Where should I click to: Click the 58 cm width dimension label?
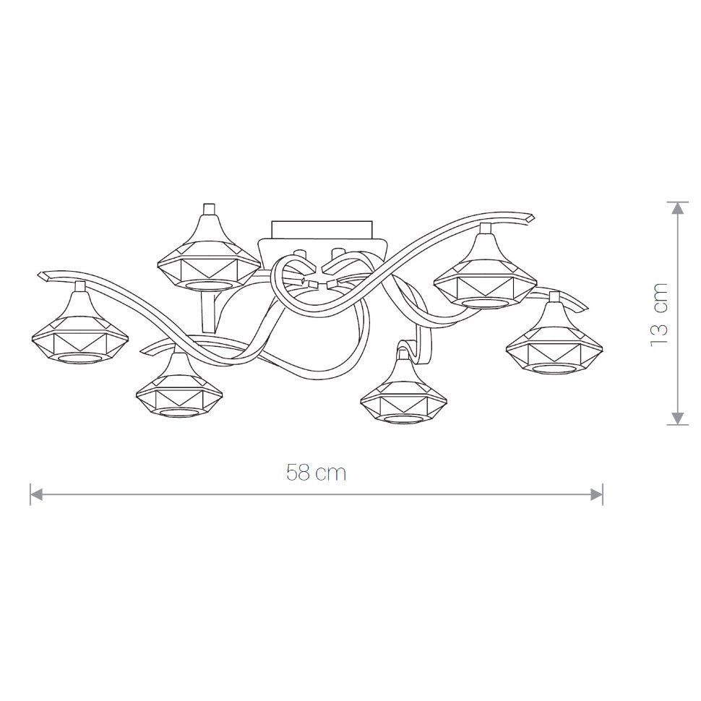point(316,473)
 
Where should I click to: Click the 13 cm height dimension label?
point(659,314)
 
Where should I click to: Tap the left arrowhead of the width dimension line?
point(35,494)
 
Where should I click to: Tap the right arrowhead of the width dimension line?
point(597,494)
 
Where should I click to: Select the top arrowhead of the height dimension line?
point(678,208)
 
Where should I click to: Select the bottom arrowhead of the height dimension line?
point(678,418)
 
